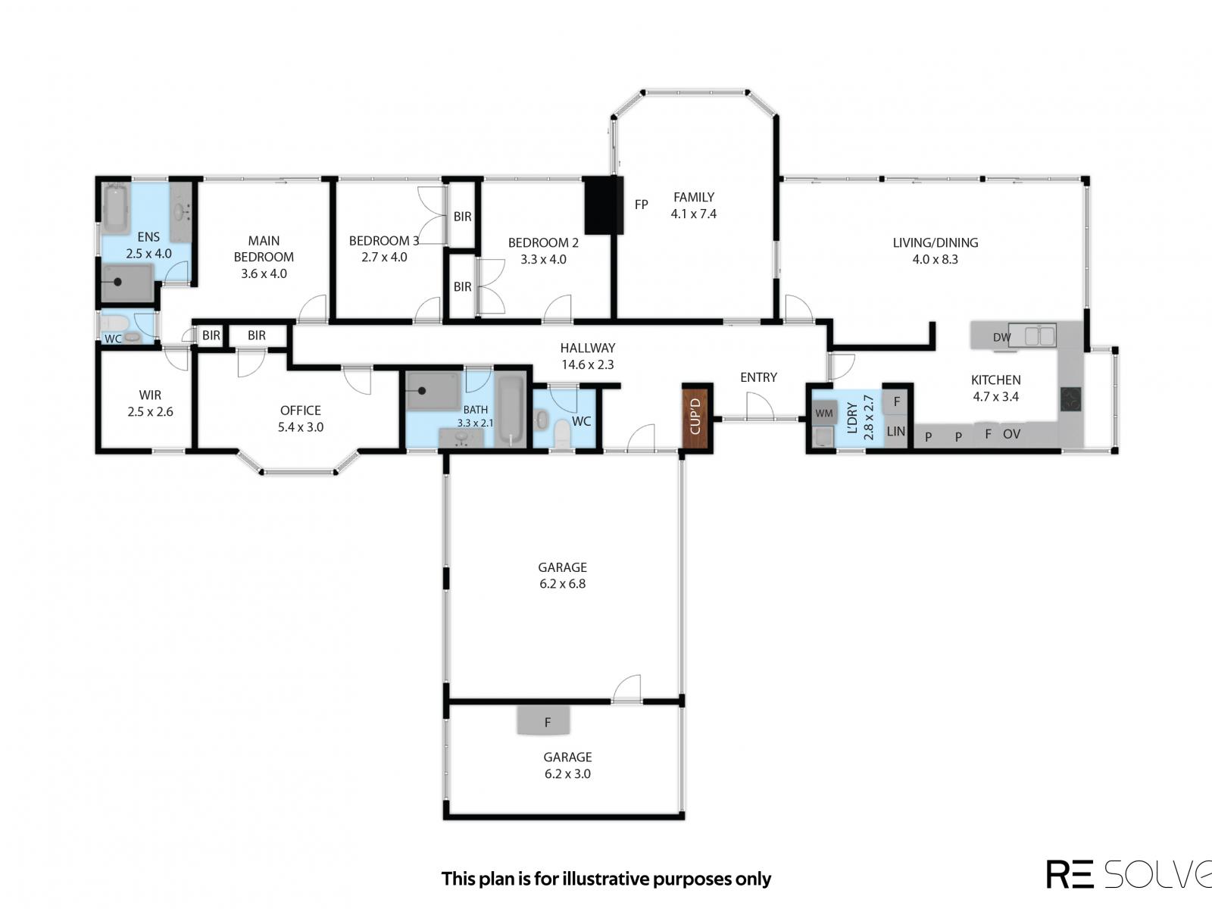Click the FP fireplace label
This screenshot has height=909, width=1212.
[x=641, y=205]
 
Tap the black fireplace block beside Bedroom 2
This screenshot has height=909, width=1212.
[x=604, y=205]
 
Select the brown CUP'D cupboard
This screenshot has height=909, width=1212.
[x=695, y=417]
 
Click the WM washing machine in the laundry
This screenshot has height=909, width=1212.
[x=824, y=413]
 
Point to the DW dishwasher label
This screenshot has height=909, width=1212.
[x=1001, y=337]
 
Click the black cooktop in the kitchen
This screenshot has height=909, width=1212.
[x=1070, y=399]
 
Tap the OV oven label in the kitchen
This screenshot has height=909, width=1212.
[x=1011, y=434]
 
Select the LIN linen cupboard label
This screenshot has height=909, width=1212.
[x=895, y=431]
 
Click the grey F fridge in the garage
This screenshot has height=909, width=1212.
[x=543, y=721]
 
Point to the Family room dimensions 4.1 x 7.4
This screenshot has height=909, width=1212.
[x=694, y=214]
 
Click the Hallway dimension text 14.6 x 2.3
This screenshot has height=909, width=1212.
[x=588, y=364]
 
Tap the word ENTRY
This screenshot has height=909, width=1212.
[x=759, y=377]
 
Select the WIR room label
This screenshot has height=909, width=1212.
[x=150, y=395]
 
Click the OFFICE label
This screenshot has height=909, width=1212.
[x=301, y=410]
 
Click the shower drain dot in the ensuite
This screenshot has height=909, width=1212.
[x=117, y=282]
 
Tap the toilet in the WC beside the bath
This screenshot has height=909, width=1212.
[x=561, y=434]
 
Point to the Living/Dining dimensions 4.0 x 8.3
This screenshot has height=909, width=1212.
[x=935, y=259]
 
